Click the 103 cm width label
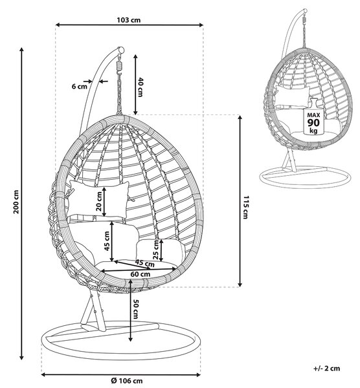tap(129, 20)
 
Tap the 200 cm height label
tap(16, 202)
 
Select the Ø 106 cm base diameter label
tap(127, 381)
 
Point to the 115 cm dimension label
tap(246, 208)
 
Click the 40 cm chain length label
tap(141, 87)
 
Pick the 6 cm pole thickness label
tap(80, 87)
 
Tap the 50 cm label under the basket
tap(136, 309)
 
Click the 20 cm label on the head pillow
tap(99, 201)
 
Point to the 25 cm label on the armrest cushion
tap(156, 250)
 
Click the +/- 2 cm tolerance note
tap(326, 368)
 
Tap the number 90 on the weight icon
tap(313, 122)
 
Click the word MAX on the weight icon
tap(313, 115)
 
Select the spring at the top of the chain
tap(120, 66)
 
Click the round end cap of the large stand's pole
tap(121, 50)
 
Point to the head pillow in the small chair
tap(293, 96)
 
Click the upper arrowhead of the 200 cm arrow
tap(22, 50)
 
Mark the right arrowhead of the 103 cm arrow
tap(201, 25)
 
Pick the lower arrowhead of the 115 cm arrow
tap(240, 285)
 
